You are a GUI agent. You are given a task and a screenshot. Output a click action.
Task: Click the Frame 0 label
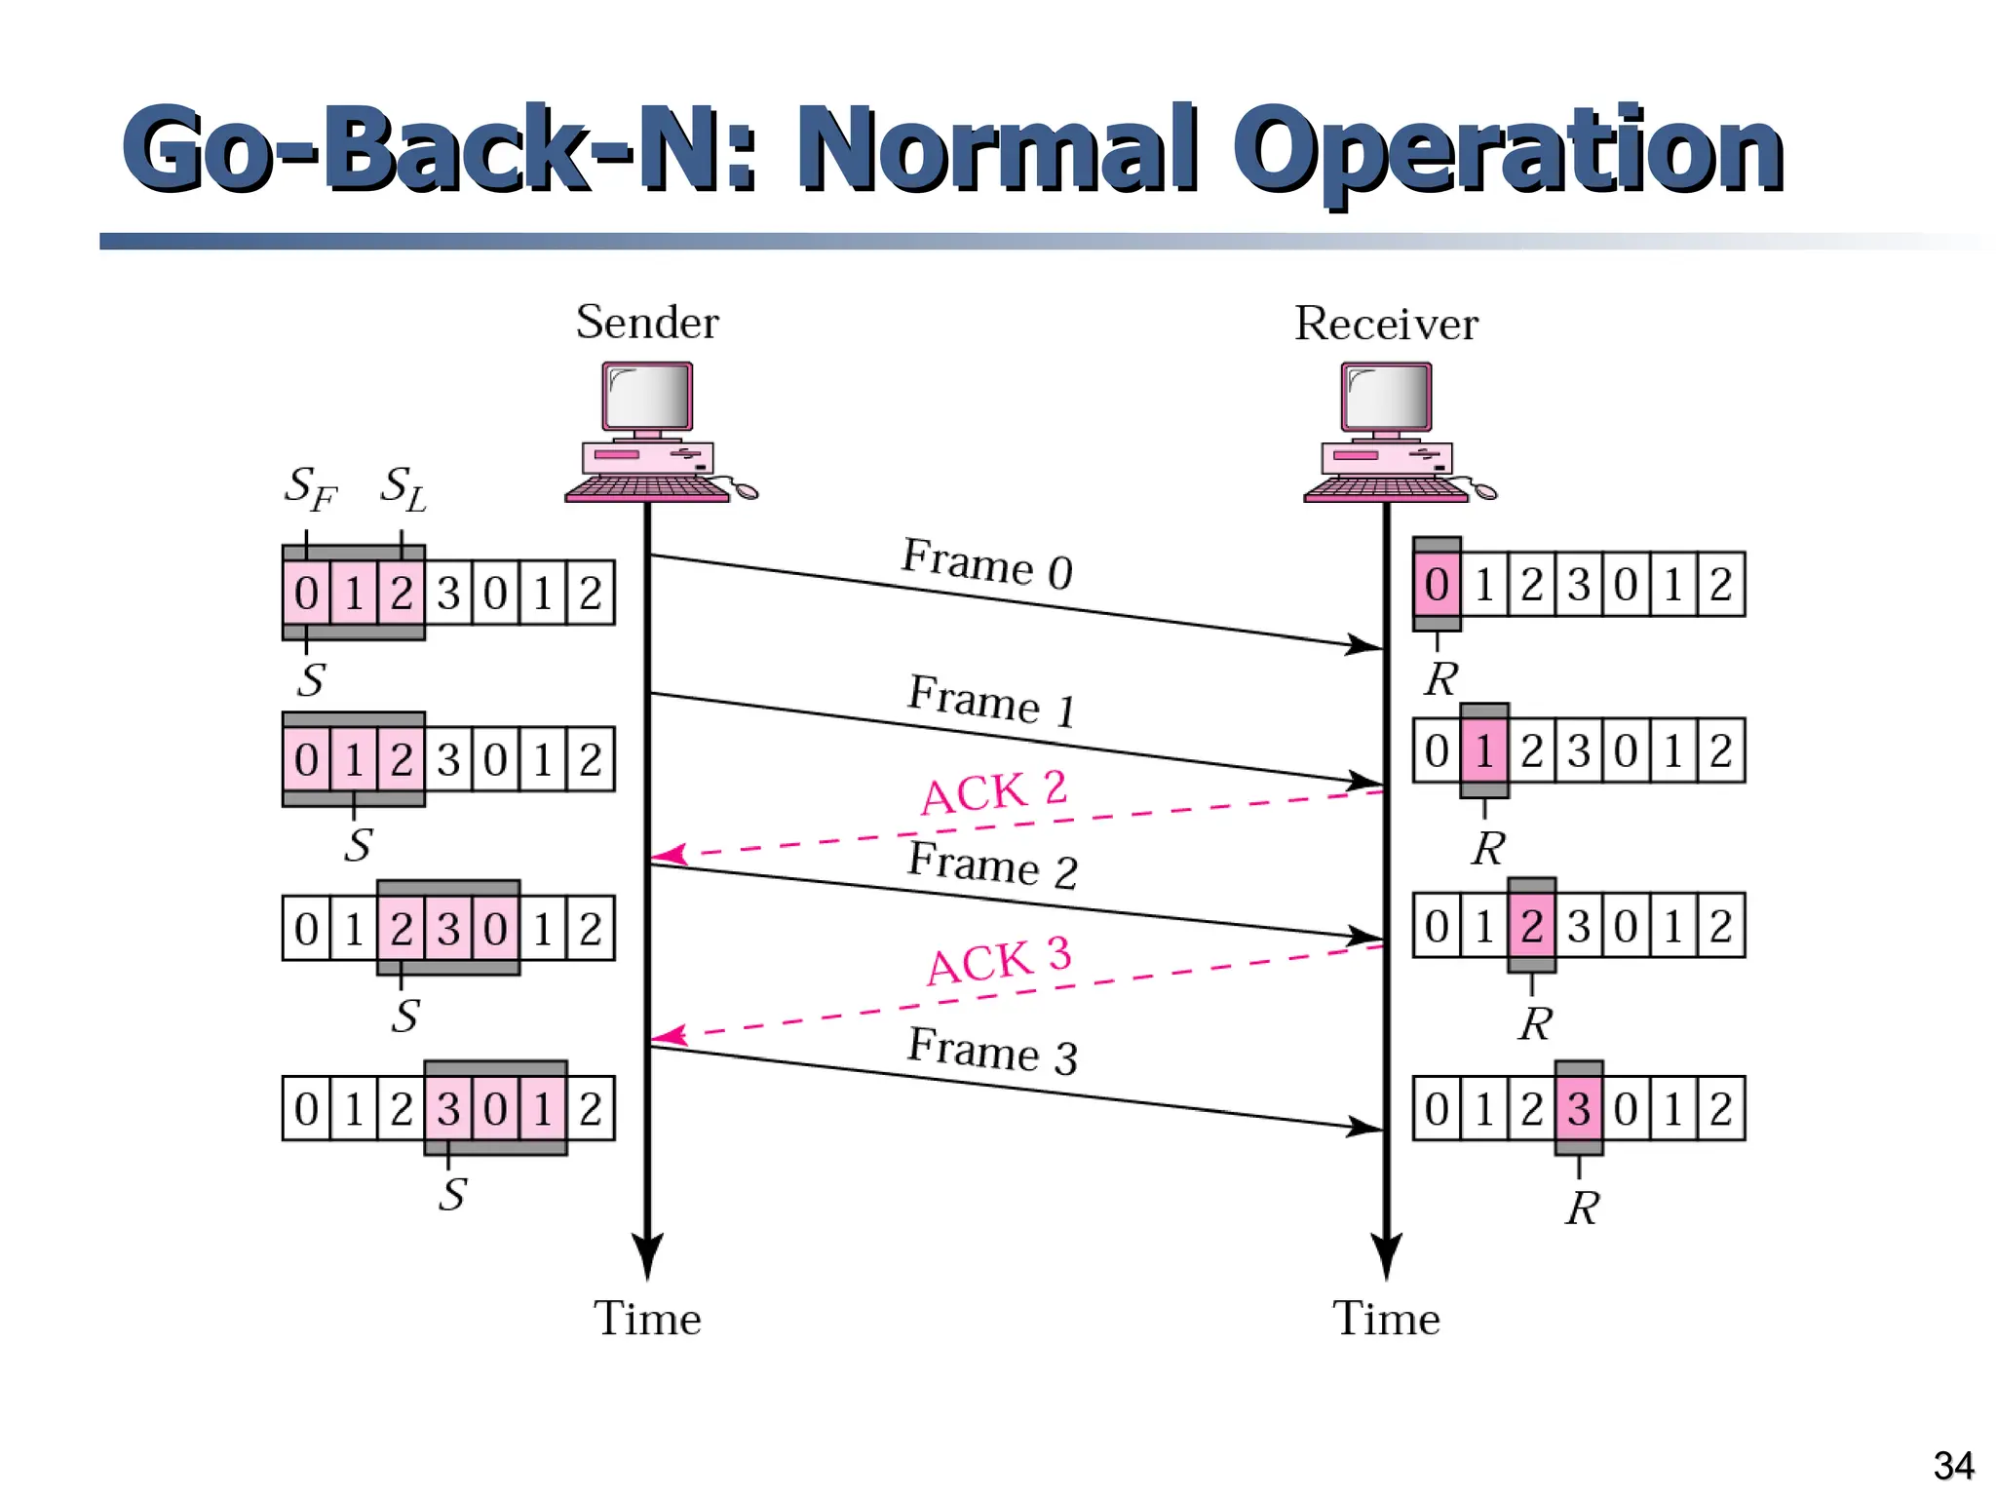[986, 563]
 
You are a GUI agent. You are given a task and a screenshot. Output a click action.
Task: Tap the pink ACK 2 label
[994, 791]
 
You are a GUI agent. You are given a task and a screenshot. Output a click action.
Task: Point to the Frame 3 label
[992, 1051]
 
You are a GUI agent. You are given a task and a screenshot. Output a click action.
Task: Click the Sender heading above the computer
[647, 323]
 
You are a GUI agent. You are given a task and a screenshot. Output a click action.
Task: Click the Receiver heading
[1385, 324]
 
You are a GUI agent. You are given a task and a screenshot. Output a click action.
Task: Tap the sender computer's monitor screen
[647, 395]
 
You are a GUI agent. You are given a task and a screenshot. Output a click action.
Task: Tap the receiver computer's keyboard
[1386, 487]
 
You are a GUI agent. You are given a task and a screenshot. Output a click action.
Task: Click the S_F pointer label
[310, 487]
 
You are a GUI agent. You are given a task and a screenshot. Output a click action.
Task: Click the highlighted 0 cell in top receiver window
[1437, 585]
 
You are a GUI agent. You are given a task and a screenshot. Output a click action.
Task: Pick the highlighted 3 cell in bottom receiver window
[1579, 1109]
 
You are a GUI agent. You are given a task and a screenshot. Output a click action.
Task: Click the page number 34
[1953, 1465]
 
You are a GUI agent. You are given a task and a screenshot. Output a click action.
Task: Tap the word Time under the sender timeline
[647, 1319]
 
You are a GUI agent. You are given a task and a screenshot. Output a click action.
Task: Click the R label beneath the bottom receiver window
[1582, 1209]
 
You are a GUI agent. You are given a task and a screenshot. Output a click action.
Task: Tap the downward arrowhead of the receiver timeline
[1386, 1255]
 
